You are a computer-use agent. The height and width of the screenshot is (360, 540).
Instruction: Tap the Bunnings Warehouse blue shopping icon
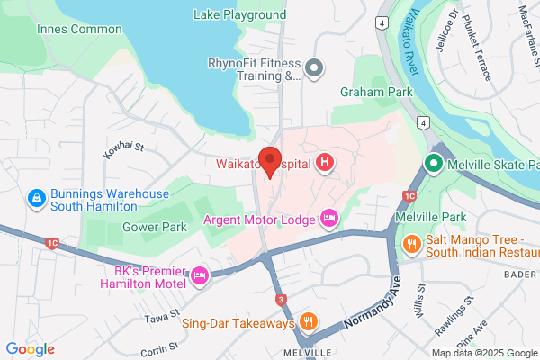pyautogui.click(x=37, y=197)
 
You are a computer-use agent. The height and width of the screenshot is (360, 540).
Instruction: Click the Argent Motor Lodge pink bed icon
pyautogui.click(x=329, y=219)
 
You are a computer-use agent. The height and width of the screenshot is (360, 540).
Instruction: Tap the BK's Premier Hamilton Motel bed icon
pyautogui.click(x=200, y=275)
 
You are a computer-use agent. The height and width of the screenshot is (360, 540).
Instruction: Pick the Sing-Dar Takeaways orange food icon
pyautogui.click(x=308, y=322)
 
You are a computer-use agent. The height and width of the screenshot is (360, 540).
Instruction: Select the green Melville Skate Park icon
pyautogui.click(x=432, y=165)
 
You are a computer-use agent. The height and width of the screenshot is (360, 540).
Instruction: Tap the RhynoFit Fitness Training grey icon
pyautogui.click(x=313, y=68)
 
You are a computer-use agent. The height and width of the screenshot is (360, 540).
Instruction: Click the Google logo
pyautogui.click(x=31, y=348)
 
